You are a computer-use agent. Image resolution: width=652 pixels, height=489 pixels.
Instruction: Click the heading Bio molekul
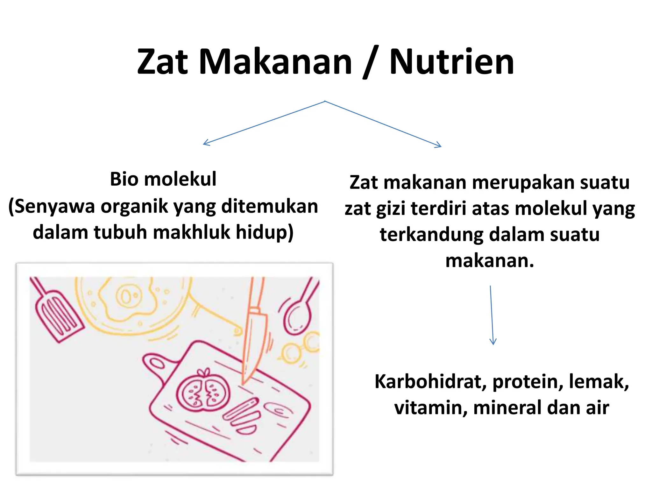163,179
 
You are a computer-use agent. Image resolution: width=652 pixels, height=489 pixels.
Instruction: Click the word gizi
391,209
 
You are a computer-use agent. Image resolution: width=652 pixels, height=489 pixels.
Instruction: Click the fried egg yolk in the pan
127,296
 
